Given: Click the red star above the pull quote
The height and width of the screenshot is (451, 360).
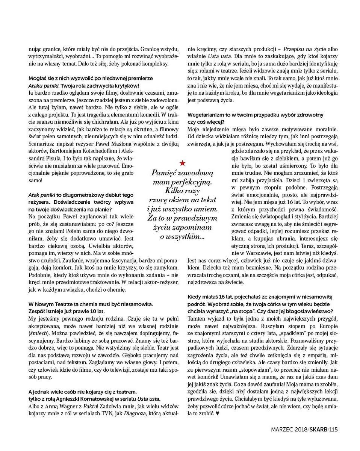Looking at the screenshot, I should tap(182, 163).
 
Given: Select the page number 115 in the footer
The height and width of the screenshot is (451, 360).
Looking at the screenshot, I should tap(334, 430).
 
